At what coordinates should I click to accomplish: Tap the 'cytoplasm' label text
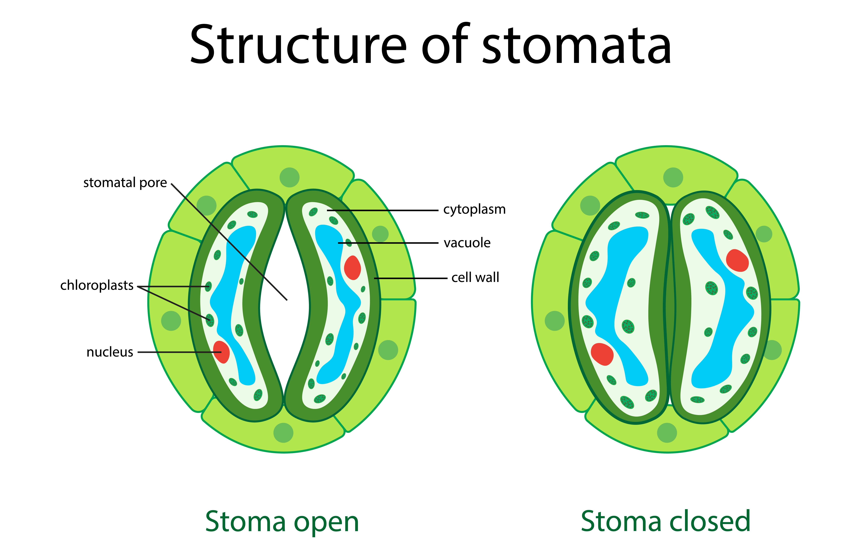pyautogui.click(x=474, y=210)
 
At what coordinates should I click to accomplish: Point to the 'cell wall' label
pyautogui.click(x=475, y=278)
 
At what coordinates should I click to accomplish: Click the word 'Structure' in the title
pyautogui.click(x=298, y=45)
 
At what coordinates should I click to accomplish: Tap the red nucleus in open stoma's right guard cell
pyautogui.click(x=352, y=268)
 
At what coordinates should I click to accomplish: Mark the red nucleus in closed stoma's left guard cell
pyautogui.click(x=602, y=354)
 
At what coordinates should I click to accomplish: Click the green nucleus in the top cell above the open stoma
pyautogui.click(x=289, y=177)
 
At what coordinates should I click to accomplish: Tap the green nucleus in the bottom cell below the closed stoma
pyautogui.click(x=667, y=433)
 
